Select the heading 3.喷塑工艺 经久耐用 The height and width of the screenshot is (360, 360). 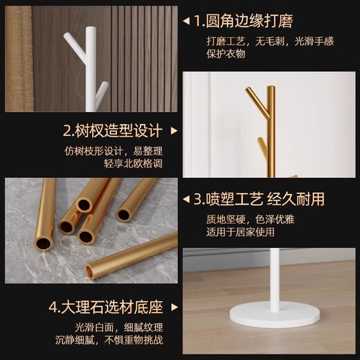[x=258, y=199]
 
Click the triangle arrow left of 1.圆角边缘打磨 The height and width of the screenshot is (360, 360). [x=186, y=23]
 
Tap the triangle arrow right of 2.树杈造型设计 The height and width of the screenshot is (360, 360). [x=174, y=131]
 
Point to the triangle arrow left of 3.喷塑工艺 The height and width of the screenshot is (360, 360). [x=186, y=199]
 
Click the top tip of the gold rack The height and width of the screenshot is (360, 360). [x=271, y=88]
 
